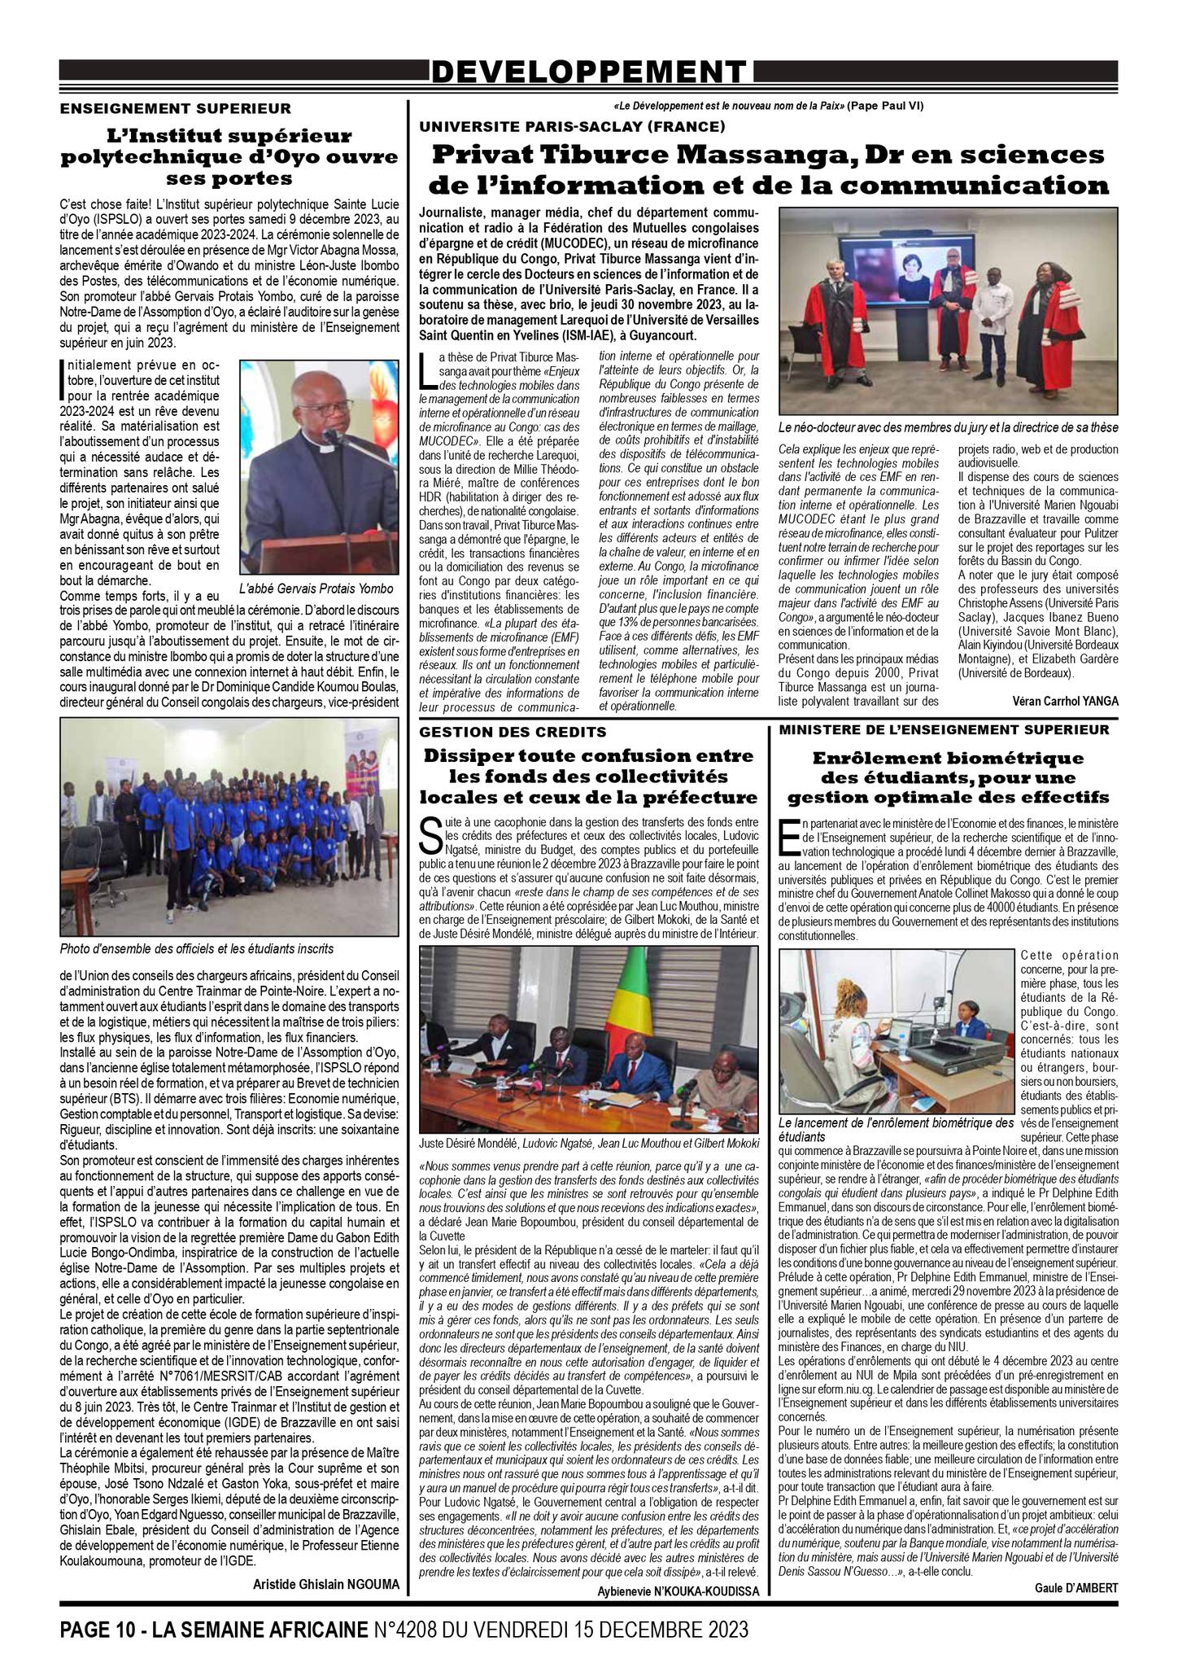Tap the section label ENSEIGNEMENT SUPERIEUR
tap(175, 107)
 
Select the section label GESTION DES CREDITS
tap(513, 732)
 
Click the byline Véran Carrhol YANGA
tap(1066, 701)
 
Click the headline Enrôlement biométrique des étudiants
tap(948, 777)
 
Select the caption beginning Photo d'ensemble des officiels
tap(197, 949)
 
